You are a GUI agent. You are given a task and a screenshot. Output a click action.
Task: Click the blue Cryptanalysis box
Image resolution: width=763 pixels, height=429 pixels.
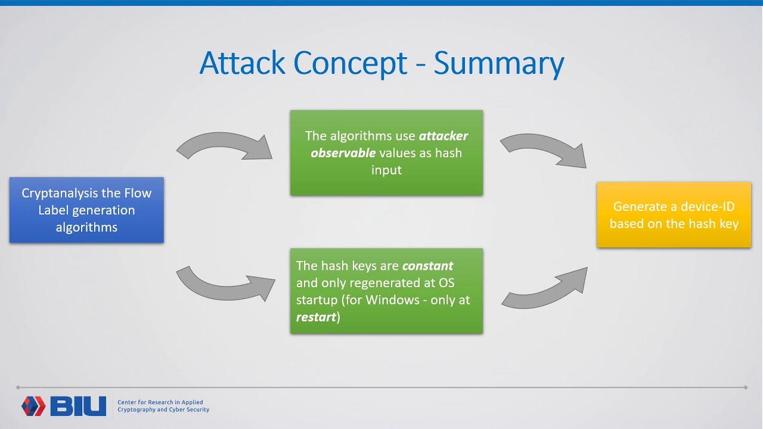point(86,210)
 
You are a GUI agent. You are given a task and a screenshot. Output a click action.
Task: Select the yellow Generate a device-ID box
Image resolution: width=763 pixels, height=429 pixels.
point(674,214)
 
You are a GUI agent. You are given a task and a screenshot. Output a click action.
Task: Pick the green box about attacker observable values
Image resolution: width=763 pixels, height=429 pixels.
point(386,153)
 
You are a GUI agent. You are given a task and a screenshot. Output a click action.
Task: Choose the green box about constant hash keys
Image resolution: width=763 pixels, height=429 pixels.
point(386,291)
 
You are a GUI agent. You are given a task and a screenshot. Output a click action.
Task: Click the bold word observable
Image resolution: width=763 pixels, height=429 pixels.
point(343,153)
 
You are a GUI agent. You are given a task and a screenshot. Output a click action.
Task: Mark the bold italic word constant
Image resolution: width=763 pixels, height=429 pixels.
point(427,266)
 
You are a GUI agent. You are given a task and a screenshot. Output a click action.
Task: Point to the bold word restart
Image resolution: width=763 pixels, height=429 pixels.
point(316,317)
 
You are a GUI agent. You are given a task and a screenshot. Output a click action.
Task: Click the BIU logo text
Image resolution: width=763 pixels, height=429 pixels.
point(78,406)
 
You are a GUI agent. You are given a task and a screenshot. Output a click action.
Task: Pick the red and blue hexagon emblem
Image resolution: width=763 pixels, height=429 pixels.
point(33,406)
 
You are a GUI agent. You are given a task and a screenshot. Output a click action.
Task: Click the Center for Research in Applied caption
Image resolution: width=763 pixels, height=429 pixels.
point(160,402)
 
